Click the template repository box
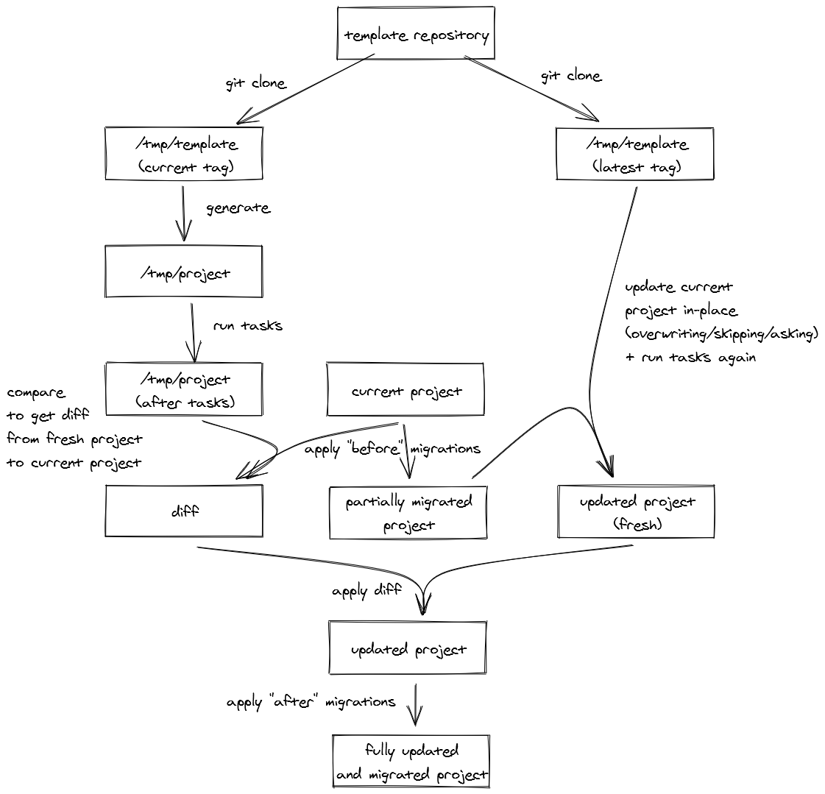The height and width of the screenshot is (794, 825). [x=416, y=34]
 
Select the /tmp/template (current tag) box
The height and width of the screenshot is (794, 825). [x=184, y=155]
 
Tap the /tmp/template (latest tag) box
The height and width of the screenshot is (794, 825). [x=635, y=155]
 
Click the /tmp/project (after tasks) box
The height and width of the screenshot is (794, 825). [x=184, y=390]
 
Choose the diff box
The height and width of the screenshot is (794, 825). [x=184, y=511]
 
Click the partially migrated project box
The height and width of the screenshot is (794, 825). [x=408, y=513]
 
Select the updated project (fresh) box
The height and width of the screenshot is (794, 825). [x=637, y=512]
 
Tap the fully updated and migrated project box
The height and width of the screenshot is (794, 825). [x=411, y=762]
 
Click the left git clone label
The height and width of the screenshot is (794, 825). [x=255, y=83]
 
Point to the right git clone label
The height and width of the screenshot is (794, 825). [x=571, y=76]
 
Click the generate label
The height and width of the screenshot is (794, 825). [x=238, y=208]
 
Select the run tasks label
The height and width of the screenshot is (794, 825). [x=247, y=325]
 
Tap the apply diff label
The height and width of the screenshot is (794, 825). [x=367, y=591]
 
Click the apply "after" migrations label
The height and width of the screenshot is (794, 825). [x=311, y=702]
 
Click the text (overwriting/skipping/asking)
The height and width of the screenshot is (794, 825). [x=721, y=334]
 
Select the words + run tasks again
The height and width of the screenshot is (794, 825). [x=690, y=358]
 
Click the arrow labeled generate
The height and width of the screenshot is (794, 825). [x=184, y=213]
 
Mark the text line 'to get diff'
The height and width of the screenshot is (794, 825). [x=48, y=415]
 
